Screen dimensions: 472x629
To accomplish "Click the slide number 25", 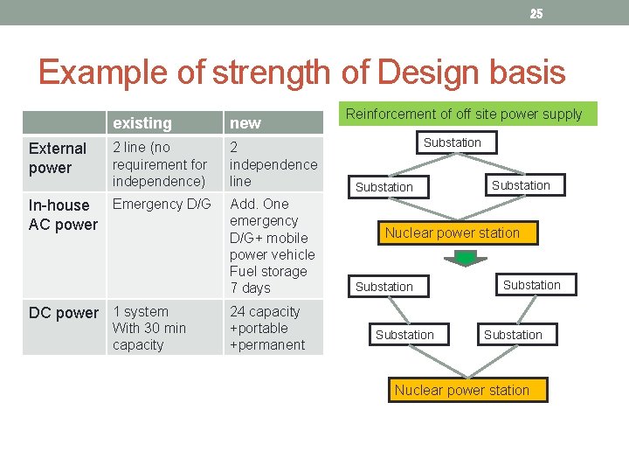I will click(536, 13).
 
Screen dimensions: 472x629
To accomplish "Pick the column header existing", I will click(142, 123).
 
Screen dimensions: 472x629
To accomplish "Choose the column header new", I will click(245, 123).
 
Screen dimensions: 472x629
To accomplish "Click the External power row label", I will click(58, 158).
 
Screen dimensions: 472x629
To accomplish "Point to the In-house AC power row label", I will click(63, 215).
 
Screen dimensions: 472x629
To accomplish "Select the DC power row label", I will click(64, 313).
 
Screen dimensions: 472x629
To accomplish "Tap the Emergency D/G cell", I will click(162, 205).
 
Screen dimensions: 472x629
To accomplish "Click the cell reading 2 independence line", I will click(273, 164).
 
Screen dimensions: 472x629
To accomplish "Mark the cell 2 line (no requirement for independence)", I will click(160, 164).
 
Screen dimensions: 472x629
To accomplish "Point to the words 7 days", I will click(251, 288).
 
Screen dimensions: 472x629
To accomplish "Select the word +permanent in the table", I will click(267, 344).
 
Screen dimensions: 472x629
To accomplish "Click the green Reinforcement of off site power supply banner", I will click(464, 114).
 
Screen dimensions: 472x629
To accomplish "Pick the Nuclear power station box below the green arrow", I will click(462, 390).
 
